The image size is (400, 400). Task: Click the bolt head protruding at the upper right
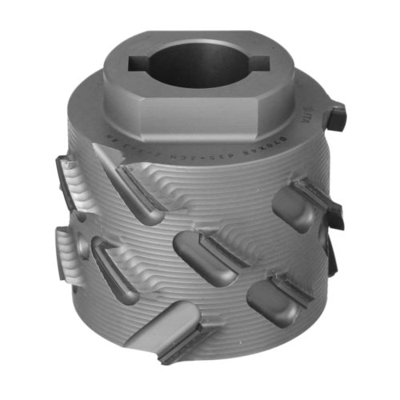click(335, 116)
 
